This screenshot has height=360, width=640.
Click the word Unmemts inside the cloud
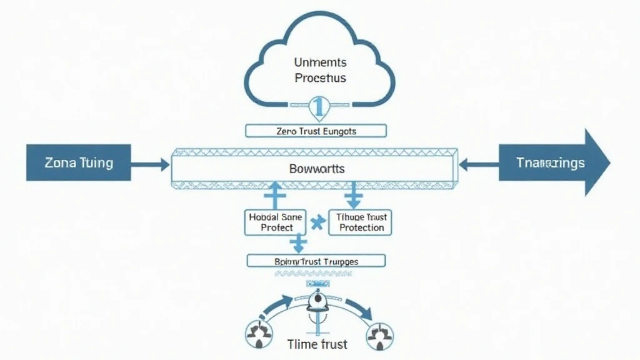(x=320, y=62)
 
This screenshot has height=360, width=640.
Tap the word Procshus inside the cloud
(x=320, y=79)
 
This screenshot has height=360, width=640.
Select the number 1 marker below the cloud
(x=318, y=107)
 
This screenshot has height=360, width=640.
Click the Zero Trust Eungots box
(x=316, y=131)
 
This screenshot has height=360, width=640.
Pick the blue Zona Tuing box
(x=78, y=162)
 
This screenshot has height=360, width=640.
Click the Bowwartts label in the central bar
(x=317, y=169)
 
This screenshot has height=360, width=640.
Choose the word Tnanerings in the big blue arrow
(x=551, y=162)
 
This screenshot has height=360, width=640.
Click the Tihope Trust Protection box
(x=361, y=222)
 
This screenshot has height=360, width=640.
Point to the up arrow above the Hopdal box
(x=273, y=196)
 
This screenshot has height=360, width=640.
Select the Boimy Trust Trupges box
(x=316, y=261)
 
